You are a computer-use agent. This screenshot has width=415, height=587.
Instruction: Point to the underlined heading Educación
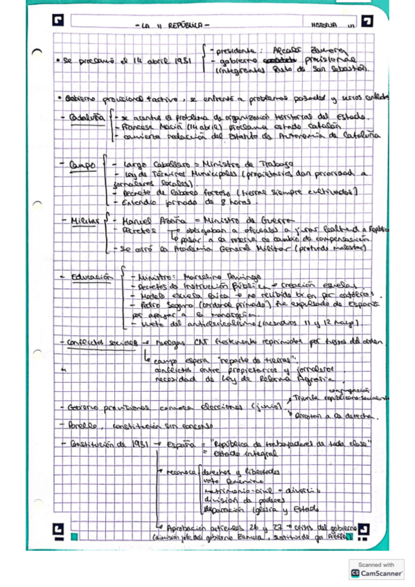95,276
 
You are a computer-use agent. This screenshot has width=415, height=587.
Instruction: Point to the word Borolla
81,425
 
